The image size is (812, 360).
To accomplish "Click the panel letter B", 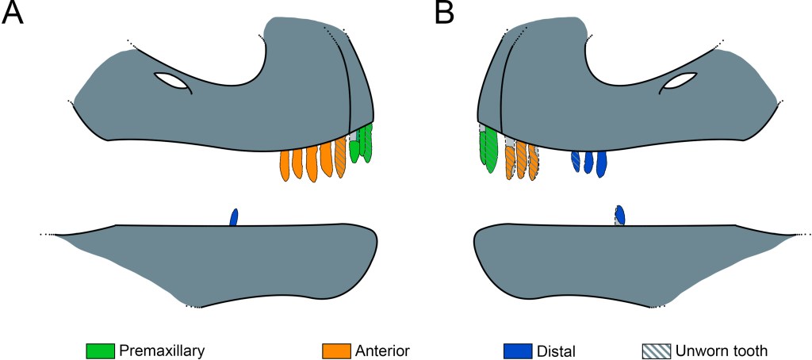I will click(445, 13).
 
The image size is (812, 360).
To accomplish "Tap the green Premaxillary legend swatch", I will click(101, 350).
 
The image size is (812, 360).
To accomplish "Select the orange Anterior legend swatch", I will click(337, 350).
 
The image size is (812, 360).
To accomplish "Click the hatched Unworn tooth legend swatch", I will click(656, 350).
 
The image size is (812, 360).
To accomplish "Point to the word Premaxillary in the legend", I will click(162, 350).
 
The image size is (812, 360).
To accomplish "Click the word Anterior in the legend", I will click(382, 350).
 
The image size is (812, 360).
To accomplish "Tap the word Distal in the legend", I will click(555, 350).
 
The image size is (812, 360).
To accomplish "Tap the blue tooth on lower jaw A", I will click(234, 217).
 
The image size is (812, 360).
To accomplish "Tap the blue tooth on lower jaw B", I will click(620, 215).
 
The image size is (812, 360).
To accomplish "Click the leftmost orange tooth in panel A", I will click(285, 165).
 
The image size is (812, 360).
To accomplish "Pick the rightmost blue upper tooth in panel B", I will click(601, 163).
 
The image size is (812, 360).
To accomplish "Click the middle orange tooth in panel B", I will click(521, 160).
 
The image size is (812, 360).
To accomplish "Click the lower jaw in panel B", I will click(619, 262).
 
